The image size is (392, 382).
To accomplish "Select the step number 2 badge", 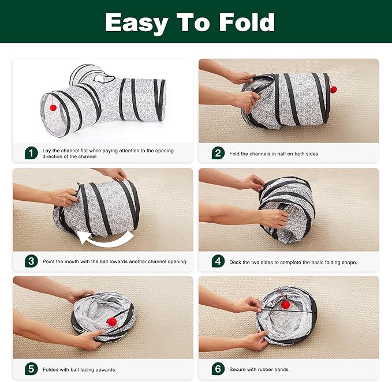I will pyautogui.click(x=218, y=153).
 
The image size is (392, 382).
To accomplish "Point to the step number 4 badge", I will pyautogui.click(x=218, y=261).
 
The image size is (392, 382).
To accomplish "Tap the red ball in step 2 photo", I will pyautogui.click(x=333, y=89).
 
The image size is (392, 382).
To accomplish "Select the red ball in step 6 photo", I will pyautogui.click(x=285, y=304).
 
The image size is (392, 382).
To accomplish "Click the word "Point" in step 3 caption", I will pyautogui.click(x=50, y=261).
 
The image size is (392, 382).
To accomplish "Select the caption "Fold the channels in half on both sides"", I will pyautogui.click(x=273, y=153).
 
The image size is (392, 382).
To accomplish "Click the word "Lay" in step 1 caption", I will pyautogui.click(x=47, y=151).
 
